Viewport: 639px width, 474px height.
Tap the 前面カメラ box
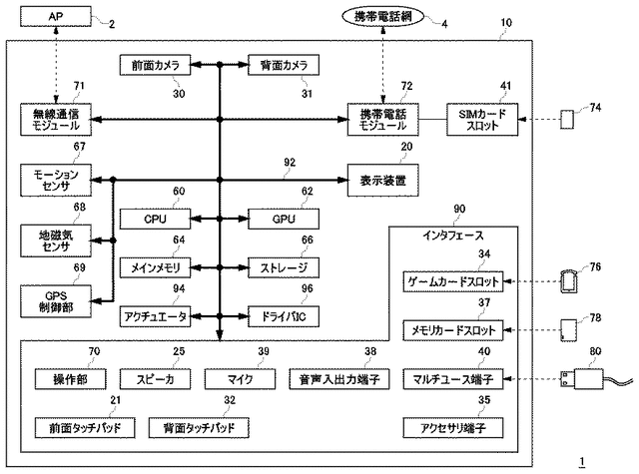154,65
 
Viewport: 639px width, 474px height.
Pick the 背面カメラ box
283,65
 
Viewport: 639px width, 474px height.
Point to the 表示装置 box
382,180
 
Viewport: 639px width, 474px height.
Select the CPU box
154,218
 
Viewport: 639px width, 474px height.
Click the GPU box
283,218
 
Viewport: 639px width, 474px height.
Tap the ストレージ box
283,267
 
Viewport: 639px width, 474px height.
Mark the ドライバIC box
283,316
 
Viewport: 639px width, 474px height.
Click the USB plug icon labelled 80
579,379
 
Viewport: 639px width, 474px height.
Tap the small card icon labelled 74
567,120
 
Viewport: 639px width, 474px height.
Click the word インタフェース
454,237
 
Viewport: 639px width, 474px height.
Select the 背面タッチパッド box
199,428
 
